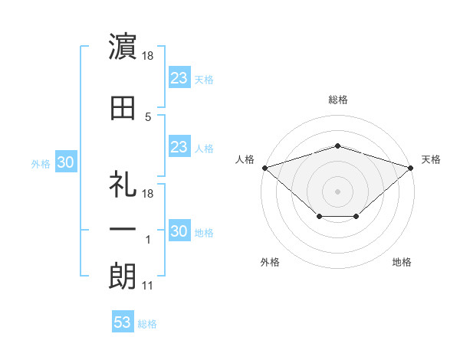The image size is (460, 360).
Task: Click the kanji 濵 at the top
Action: point(123,46)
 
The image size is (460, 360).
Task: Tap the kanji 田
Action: point(123,108)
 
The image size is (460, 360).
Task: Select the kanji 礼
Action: point(123,184)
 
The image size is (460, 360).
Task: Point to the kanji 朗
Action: point(123,277)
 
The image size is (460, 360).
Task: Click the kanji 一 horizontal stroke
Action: point(123,229)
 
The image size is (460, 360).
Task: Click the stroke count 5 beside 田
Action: point(148,117)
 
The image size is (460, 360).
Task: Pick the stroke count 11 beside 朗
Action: point(147,286)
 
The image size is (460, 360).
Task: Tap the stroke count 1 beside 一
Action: point(148,240)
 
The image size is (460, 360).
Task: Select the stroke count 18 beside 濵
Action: point(147,56)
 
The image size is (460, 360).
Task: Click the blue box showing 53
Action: point(123,321)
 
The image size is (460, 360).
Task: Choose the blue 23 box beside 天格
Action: point(179,77)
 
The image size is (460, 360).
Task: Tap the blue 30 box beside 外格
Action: point(66,162)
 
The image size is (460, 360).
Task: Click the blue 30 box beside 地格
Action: point(179,230)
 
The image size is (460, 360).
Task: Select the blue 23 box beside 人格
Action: point(179,146)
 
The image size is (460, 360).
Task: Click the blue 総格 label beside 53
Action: point(147,324)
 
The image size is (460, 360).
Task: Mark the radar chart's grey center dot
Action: point(337,191)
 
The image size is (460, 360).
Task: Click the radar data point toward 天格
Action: point(411,168)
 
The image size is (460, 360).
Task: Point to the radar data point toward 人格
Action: point(265,168)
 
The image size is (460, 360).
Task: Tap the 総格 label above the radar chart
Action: point(338,100)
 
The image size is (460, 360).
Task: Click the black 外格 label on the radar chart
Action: point(270,262)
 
